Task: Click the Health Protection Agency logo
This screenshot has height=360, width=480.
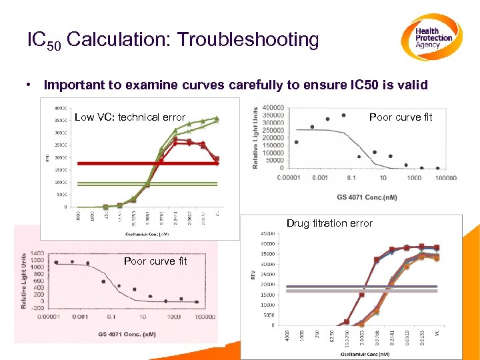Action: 432,37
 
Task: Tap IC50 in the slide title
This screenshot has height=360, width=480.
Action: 44,41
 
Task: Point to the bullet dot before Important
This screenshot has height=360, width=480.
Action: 31,85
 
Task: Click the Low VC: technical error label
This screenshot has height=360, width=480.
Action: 129,117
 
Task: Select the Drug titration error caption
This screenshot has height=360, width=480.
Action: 329,223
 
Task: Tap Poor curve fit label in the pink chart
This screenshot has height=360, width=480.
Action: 155,261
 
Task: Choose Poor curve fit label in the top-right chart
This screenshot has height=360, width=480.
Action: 401,117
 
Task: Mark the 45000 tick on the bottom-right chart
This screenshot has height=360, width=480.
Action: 267,233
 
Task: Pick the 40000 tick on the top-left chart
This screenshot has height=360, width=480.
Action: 60,107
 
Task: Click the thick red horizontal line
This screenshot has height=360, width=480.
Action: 147,163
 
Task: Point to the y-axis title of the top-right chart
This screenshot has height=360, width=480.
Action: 255,138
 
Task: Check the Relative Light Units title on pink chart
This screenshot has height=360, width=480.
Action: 23,280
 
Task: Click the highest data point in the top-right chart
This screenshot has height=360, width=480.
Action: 343,115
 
